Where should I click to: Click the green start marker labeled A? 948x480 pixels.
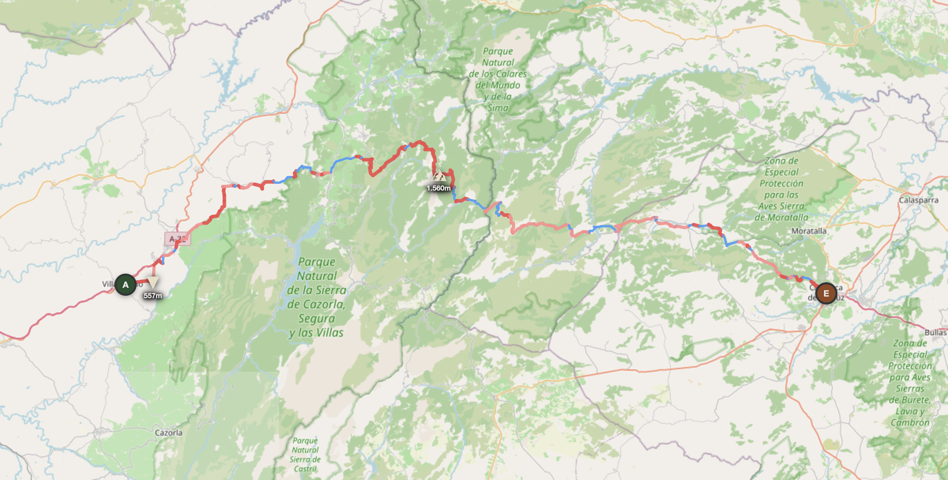pos(126,285)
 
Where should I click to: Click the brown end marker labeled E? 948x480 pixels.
pos(826,293)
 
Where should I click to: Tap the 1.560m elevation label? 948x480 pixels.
pos(438,188)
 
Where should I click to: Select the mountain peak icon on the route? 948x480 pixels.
pos(438,175)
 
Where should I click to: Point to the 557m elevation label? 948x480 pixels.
pos(152,296)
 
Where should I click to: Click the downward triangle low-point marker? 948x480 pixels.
pos(153,282)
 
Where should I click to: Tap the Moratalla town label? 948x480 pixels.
pos(809,231)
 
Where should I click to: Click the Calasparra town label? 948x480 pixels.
pos(918,200)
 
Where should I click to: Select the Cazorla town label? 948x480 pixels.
pos(169,433)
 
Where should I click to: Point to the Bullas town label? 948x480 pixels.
pos(935,333)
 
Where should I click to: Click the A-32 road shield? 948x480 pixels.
pos(178,239)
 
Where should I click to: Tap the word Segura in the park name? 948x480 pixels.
pos(316,318)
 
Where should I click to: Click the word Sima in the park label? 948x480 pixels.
pos(498,108)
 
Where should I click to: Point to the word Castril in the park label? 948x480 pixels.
pos(305,469)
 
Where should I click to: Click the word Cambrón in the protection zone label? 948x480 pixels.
pos(910,423)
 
